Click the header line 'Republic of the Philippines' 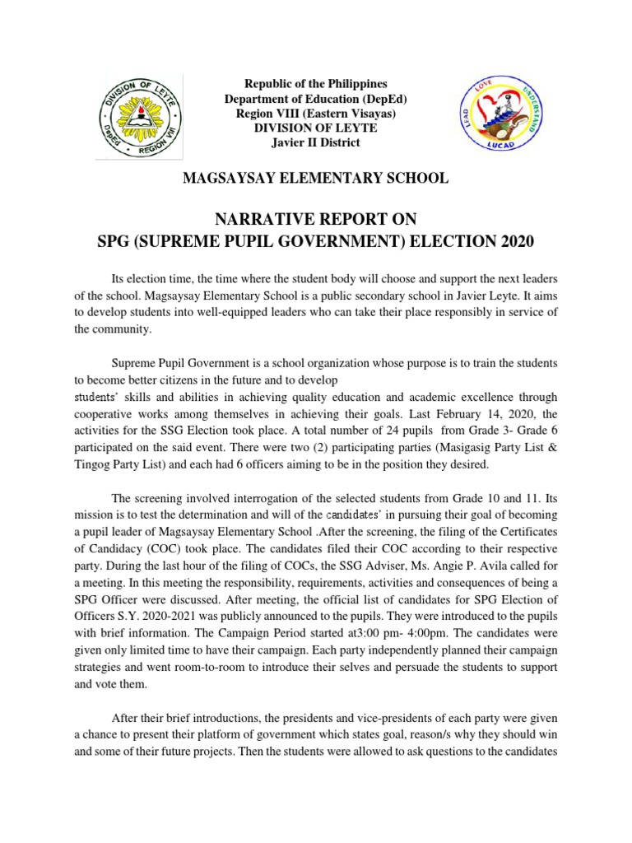316,84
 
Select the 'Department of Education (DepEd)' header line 316,99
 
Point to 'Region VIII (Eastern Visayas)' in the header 316,114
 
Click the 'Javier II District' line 316,142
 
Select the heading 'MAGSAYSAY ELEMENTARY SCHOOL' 316,178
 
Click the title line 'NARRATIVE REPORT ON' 316,218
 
